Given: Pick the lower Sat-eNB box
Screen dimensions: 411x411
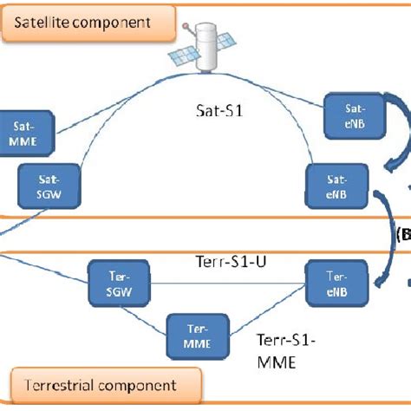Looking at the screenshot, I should tap(337, 184).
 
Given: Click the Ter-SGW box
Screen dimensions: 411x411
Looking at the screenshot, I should tap(119, 285).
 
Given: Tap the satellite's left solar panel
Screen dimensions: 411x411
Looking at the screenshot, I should tap(185, 58).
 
